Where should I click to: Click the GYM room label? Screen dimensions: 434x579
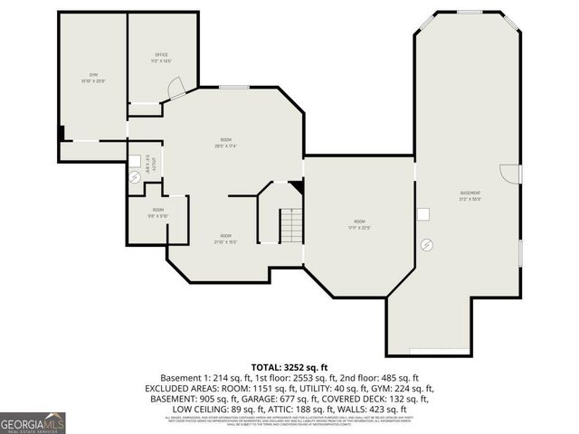pyautogui.click(x=93, y=77)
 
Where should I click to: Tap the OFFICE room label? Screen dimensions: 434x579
pyautogui.click(x=162, y=59)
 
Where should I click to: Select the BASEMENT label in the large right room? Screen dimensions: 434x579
pyautogui.click(x=470, y=195)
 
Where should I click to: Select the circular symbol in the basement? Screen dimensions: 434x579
pyautogui.click(x=428, y=243)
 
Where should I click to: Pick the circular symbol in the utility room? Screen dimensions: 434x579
pyautogui.click(x=135, y=177)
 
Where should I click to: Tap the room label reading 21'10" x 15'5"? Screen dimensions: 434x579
pyautogui.click(x=225, y=239)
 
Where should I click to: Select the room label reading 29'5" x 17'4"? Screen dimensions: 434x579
pyautogui.click(x=225, y=142)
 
